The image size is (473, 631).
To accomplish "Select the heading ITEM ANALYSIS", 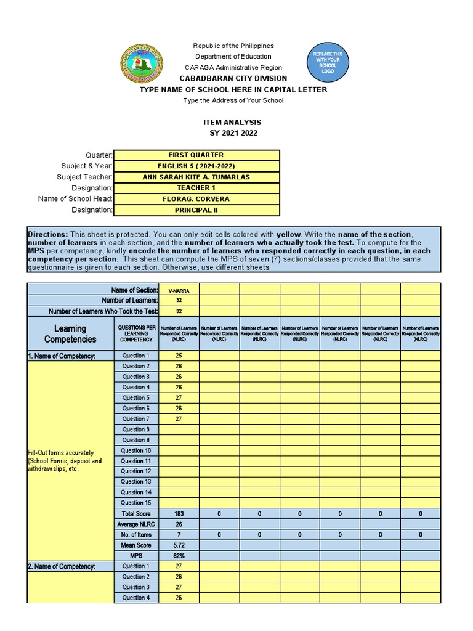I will click(236, 123).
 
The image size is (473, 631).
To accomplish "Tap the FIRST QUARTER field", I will click(196, 155).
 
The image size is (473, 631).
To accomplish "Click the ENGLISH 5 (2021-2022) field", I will click(196, 166).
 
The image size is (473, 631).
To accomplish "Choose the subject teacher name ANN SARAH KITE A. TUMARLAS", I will click(196, 177).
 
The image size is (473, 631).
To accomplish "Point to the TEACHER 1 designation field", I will click(196, 188).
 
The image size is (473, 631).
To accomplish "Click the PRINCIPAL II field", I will click(196, 210).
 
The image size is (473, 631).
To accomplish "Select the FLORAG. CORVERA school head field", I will click(196, 199).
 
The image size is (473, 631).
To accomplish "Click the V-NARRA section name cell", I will click(178, 290).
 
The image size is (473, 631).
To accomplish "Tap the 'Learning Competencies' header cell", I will click(70, 333).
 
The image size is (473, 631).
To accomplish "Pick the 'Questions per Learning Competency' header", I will click(135, 333).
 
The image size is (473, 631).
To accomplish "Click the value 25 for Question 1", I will click(178, 356).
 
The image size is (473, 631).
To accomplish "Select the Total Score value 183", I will click(178, 513).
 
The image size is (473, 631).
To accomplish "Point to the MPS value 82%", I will click(178, 555).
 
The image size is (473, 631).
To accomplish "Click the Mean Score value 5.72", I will click(178, 545).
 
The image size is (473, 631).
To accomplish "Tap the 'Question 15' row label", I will click(135, 503).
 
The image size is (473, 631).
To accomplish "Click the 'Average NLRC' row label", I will click(135, 524).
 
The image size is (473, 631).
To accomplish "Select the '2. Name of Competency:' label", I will click(61, 566).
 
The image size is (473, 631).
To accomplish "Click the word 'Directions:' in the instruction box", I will click(47, 235).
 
